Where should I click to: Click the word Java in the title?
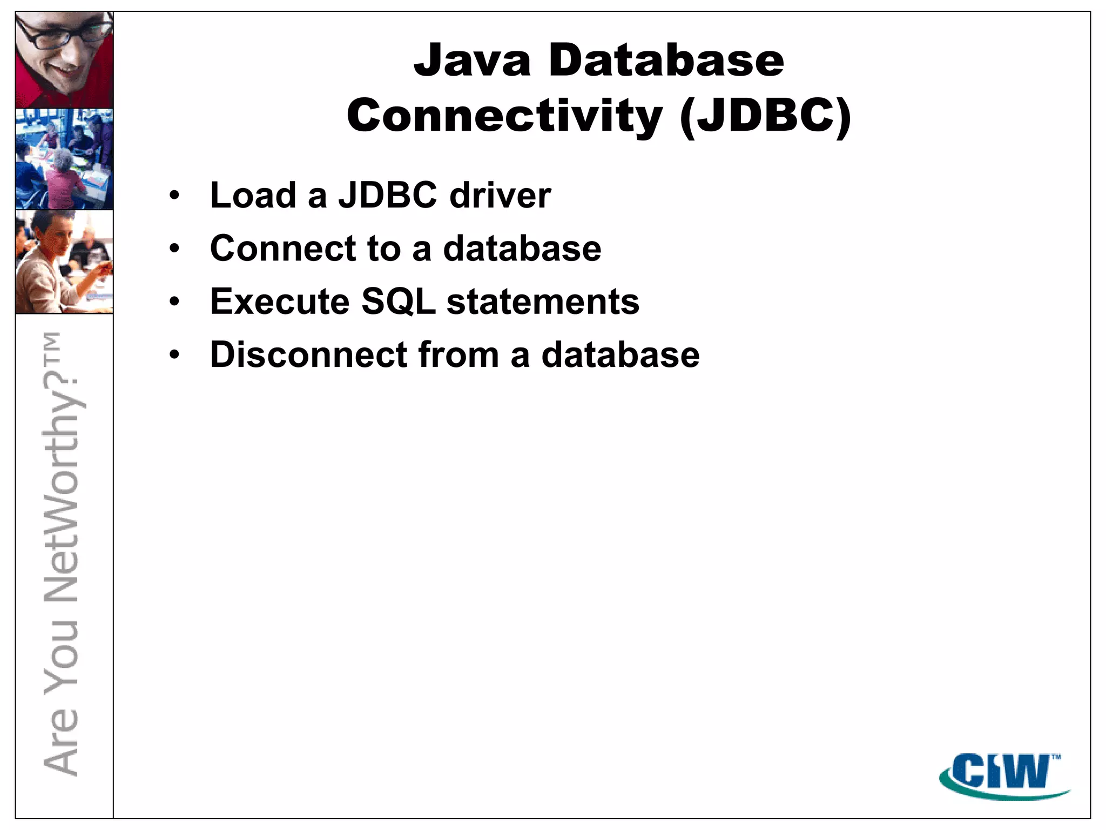point(472,61)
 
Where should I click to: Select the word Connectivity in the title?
point(504,116)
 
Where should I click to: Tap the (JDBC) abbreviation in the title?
point(765,116)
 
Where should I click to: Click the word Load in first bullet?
point(253,195)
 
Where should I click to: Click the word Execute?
point(279,302)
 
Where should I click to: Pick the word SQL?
point(398,302)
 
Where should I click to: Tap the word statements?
point(543,302)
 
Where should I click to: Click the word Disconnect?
point(308,355)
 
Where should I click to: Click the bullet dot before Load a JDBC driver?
point(174,196)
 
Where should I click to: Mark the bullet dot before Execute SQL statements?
point(174,302)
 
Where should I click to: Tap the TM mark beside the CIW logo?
point(1056,757)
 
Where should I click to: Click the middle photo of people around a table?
point(64,159)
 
